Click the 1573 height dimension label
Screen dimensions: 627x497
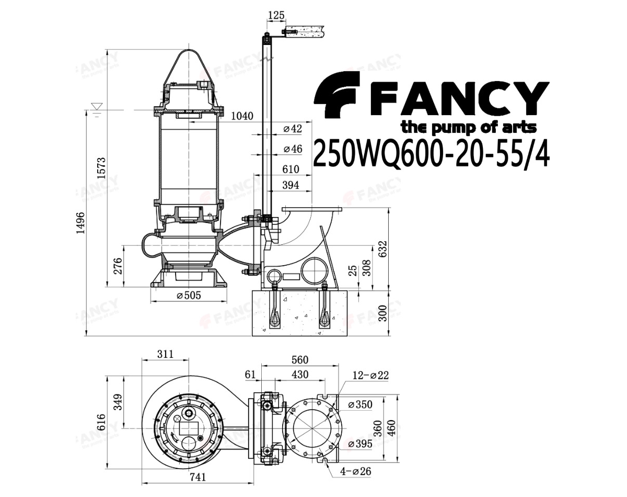point(101,168)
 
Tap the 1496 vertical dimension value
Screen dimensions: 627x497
point(80,223)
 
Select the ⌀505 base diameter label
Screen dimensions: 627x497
point(189,296)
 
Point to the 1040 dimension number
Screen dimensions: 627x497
point(242,116)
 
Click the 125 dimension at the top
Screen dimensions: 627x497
point(276,15)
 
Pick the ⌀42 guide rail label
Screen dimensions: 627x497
point(293,129)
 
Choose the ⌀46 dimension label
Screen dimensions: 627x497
point(293,149)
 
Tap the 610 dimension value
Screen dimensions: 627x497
point(291,170)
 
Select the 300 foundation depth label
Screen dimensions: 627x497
point(383,313)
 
